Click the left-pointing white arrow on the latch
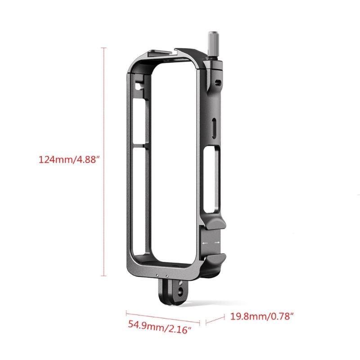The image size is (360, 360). [x=205, y=243]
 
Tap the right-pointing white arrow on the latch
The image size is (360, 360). [x=217, y=243]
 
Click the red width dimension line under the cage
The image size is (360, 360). [x=162, y=317]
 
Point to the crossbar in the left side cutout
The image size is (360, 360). [x=139, y=147]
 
